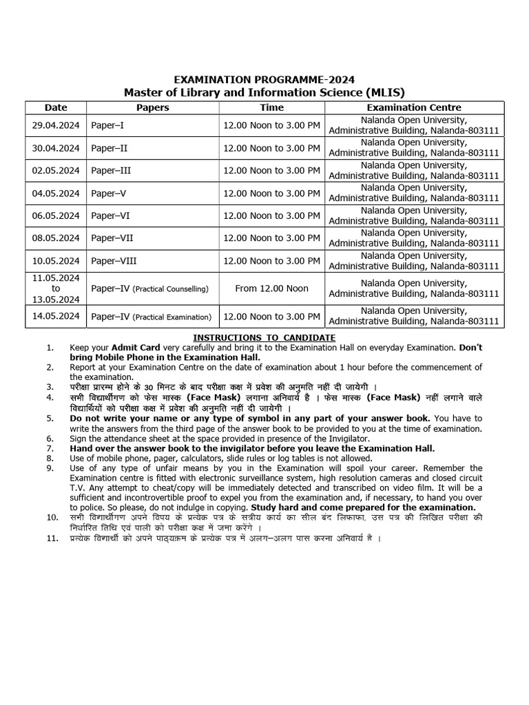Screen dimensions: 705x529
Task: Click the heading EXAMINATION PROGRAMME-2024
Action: (264, 80)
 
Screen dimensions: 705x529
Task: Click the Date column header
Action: (56, 107)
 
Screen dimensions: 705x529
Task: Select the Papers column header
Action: (152, 107)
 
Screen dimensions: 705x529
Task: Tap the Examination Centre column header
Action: (413, 107)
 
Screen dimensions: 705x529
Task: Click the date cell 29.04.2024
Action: (56, 126)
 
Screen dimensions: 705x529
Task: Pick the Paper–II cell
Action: (110, 148)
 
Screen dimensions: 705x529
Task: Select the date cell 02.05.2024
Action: (56, 170)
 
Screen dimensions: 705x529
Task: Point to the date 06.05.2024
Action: (56, 215)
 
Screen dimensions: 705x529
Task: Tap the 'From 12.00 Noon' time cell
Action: (271, 288)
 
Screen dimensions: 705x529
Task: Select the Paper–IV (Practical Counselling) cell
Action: (149, 288)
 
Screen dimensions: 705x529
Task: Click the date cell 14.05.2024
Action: (56, 317)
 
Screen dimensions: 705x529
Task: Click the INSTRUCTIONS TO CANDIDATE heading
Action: (264, 337)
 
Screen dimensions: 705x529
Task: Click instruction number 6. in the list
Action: (50, 439)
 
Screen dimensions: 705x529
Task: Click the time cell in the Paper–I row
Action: (271, 126)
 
